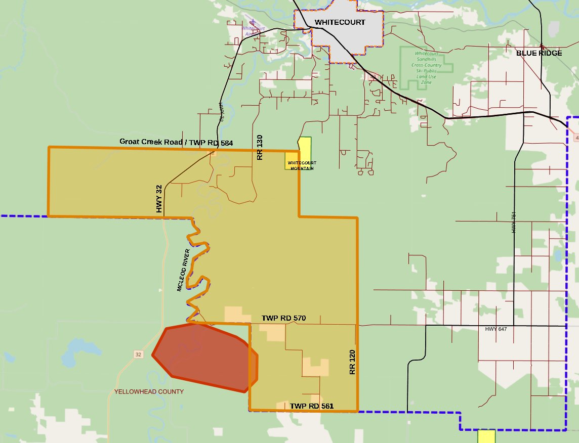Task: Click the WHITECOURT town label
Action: (340, 23)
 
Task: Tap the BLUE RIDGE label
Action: (539, 53)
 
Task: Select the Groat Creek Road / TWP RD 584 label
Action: (176, 142)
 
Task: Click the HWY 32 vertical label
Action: (159, 199)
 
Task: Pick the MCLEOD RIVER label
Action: (183, 270)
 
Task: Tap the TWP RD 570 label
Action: (283, 318)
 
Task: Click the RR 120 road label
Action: (353, 362)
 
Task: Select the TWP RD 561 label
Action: (312, 406)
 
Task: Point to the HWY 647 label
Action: (495, 329)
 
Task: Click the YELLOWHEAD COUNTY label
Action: (149, 392)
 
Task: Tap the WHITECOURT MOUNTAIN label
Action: (301, 165)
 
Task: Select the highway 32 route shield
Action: (138, 355)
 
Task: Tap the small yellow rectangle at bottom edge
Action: (486, 436)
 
